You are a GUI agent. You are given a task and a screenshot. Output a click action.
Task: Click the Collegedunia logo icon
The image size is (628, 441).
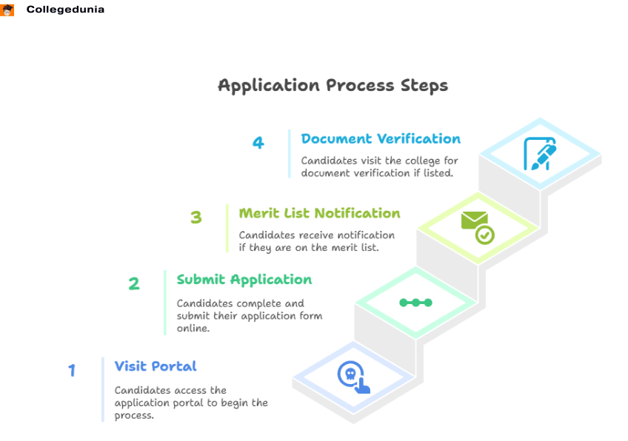8,10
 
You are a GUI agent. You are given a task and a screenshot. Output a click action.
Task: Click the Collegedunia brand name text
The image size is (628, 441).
65,10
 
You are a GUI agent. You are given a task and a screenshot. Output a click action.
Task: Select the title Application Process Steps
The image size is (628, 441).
333,86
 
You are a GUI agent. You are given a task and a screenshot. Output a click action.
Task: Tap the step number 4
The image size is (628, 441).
258,143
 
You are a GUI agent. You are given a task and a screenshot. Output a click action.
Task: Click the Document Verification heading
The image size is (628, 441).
381,139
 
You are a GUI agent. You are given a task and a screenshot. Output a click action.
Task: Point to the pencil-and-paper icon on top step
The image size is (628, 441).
540,153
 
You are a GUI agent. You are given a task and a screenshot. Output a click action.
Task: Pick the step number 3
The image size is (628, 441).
196,218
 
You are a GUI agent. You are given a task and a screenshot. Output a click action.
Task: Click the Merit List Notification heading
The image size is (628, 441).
319,213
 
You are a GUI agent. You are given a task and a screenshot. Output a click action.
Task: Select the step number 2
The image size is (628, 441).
134,283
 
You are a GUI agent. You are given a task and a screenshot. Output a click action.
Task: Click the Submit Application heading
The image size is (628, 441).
244,280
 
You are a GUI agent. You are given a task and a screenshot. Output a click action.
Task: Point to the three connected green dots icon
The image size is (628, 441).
415,303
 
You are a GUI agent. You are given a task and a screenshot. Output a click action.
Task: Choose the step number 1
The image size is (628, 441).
72,370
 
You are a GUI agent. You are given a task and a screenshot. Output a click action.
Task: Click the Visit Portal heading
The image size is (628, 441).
156,366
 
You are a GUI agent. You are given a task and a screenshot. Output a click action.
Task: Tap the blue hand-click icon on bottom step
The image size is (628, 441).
353,377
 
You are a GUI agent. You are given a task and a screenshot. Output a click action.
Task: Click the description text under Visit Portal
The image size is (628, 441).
190,403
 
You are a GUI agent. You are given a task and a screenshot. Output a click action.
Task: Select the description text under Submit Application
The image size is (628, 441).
249,316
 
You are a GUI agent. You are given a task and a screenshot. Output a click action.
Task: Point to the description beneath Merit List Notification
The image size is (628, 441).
316,241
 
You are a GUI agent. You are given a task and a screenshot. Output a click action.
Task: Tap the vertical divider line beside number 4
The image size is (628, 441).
290,154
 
